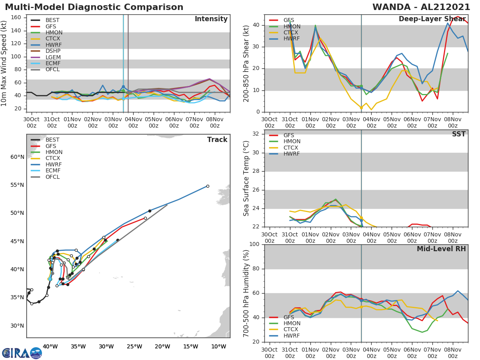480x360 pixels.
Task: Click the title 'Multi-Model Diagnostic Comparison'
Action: click(x=94, y=7)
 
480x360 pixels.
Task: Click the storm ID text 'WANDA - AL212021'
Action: click(x=421, y=7)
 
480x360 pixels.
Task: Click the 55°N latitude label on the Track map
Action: click(x=17, y=185)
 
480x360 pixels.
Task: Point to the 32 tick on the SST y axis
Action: click(x=256, y=134)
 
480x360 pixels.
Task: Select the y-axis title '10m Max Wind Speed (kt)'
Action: click(x=4, y=64)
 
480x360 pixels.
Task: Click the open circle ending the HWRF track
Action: click(x=208, y=186)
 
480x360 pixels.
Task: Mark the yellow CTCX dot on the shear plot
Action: click(x=361, y=108)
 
